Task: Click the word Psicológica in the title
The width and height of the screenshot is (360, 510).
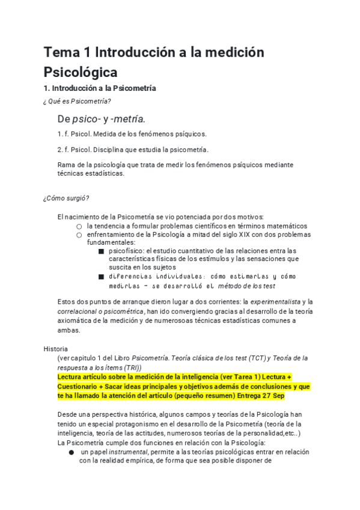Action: click(80, 73)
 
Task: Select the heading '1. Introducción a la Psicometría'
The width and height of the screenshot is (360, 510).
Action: click(100, 88)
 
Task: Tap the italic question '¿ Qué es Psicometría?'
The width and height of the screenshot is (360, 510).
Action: click(77, 100)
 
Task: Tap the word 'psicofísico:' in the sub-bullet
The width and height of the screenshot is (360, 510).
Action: click(129, 251)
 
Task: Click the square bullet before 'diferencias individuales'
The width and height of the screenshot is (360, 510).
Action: click(101, 277)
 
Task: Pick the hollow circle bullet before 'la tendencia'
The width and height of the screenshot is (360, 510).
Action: click(79, 226)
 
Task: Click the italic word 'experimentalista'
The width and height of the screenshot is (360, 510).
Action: click(275, 301)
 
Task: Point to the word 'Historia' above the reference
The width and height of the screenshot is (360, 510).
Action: click(56, 348)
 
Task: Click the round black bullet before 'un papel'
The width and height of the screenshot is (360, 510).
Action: click(71, 452)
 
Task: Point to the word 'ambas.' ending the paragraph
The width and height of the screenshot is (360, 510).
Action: click(68, 330)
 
